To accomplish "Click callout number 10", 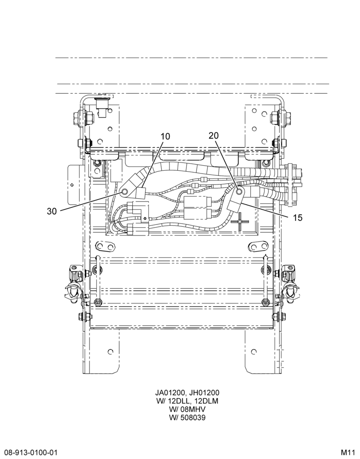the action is [x=165, y=136].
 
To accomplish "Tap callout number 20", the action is [x=214, y=135].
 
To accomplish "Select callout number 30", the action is [x=52, y=211].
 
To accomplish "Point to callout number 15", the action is [x=297, y=218].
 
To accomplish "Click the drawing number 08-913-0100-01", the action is [x=28, y=453].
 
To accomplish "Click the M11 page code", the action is [x=349, y=453].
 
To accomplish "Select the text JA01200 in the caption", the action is [x=169, y=393].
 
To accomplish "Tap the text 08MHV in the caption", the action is [x=192, y=409].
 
